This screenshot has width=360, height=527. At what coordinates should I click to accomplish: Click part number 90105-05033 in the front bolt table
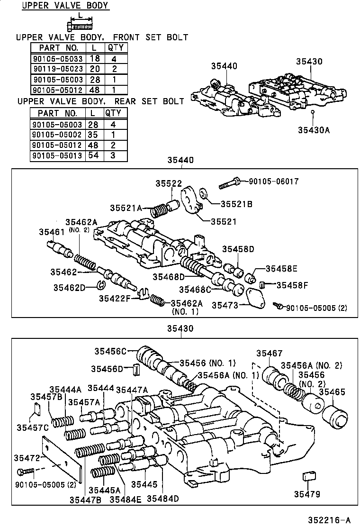[x=58, y=59]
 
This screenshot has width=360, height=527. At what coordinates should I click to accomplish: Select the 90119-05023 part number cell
[x=58, y=69]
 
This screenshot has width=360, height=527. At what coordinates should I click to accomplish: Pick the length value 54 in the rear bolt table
[x=93, y=155]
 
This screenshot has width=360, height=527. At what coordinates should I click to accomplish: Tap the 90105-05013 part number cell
[x=57, y=155]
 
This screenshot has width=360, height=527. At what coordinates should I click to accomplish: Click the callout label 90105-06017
[x=270, y=181]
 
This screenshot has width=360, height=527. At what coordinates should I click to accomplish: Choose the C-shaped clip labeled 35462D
[x=100, y=284]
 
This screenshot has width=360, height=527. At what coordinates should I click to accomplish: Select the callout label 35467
[x=269, y=353]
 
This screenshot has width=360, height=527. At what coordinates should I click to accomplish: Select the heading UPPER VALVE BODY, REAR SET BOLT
[x=100, y=101]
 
